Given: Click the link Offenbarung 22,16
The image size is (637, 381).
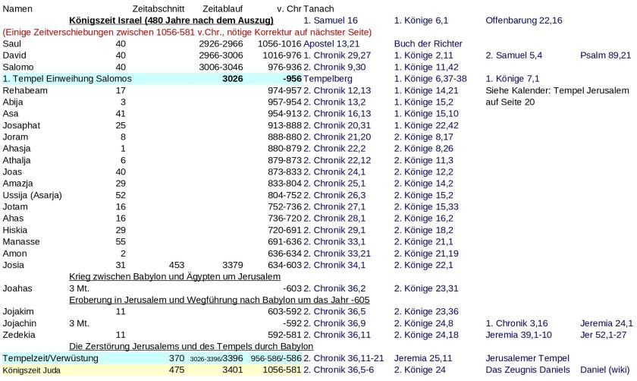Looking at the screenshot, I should tap(523, 20).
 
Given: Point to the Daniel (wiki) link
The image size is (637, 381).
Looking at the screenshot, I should tap(605, 370).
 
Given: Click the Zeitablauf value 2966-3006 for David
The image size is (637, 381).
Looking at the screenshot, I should tap(218, 55).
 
